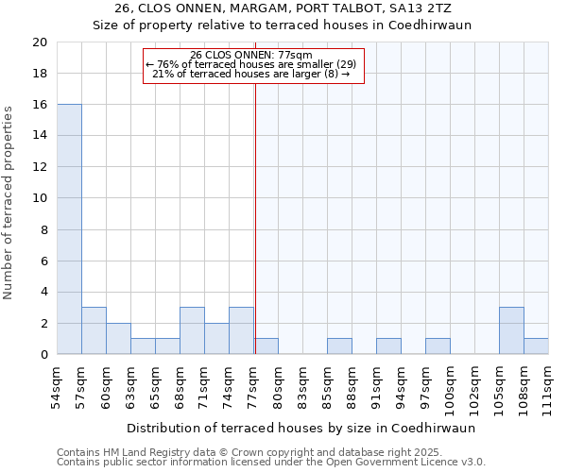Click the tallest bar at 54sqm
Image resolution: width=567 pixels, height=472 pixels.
(69, 229)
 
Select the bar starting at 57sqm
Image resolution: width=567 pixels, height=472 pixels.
(94, 330)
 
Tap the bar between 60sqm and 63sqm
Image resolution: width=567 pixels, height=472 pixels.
(118, 339)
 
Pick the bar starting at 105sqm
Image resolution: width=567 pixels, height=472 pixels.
(511, 330)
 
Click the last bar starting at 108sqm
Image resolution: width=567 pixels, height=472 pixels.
(536, 346)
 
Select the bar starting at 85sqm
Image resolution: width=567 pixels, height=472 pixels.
(339, 346)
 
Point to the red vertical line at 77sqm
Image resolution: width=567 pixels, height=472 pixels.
(255, 236)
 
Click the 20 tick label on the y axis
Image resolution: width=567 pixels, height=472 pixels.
(39, 42)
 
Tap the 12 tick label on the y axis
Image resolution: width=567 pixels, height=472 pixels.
(39, 167)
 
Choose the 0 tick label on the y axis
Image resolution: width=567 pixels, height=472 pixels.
(43, 355)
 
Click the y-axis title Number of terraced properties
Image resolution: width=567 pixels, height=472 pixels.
(9, 202)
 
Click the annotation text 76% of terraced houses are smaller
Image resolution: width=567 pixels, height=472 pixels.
(250, 64)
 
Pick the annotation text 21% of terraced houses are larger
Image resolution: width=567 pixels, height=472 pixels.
(250, 74)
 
